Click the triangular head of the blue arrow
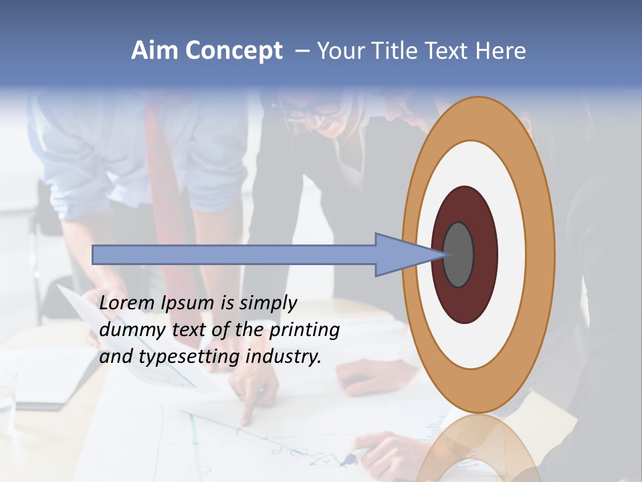(x=401, y=254)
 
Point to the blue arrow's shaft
(x=234, y=254)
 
